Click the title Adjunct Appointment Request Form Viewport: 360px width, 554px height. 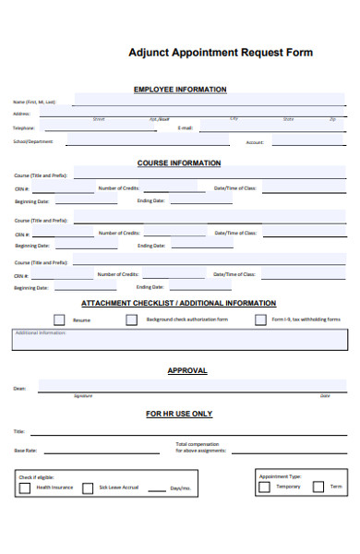(x=221, y=53)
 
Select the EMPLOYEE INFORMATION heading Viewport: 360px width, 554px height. (x=180, y=90)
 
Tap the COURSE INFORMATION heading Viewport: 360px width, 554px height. (x=179, y=163)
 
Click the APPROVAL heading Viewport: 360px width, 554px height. (x=186, y=371)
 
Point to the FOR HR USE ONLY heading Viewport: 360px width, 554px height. (x=179, y=415)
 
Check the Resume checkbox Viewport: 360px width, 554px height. (x=59, y=319)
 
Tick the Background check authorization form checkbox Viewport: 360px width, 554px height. (x=131, y=319)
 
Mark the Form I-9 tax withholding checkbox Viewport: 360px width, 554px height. (x=261, y=319)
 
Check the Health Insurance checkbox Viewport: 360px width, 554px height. (x=26, y=488)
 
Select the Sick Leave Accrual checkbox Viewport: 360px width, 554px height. (x=88, y=488)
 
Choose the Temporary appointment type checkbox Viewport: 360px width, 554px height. (x=265, y=487)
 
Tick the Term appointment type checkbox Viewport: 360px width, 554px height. (x=318, y=487)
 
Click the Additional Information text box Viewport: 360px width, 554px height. (x=180, y=341)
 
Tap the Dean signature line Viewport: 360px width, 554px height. (x=185, y=388)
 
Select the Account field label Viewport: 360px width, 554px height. (x=255, y=142)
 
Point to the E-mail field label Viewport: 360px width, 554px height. (x=185, y=128)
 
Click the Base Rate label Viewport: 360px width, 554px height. (x=25, y=451)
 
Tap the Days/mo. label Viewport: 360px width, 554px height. (x=180, y=488)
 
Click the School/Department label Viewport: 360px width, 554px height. (x=32, y=141)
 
